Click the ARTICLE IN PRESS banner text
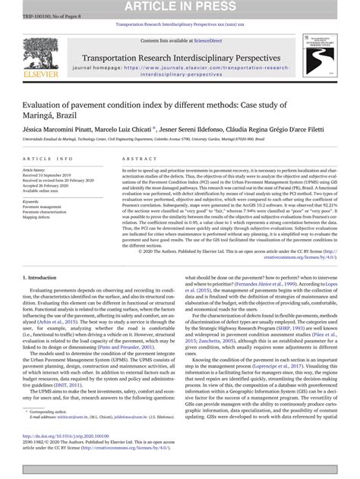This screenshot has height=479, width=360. point(180,6)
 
